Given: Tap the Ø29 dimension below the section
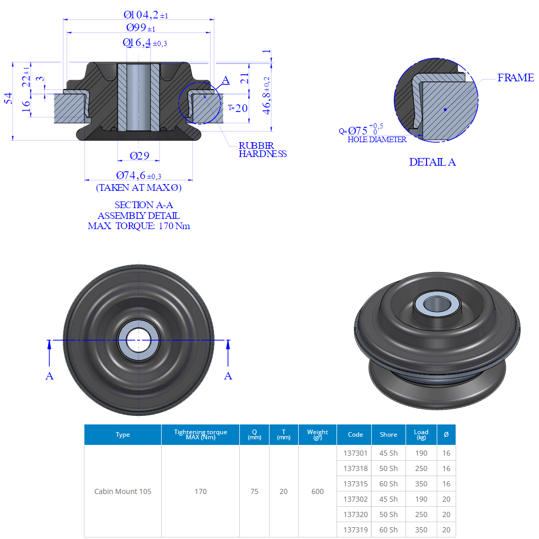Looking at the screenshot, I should pyautogui.click(x=139, y=155).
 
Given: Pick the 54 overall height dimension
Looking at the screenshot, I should pyautogui.click(x=8, y=99).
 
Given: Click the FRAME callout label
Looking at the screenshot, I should pyautogui.click(x=515, y=78).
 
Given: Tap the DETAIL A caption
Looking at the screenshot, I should pyautogui.click(x=432, y=162).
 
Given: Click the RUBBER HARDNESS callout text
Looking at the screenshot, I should pyautogui.click(x=262, y=150).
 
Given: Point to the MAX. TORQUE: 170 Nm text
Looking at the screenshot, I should pyautogui.click(x=139, y=226).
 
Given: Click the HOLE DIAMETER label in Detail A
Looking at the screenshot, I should pyautogui.click(x=377, y=140).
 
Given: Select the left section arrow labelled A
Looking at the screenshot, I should pyautogui.click(x=50, y=376).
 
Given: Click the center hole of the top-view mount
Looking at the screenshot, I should pyautogui.click(x=139, y=340).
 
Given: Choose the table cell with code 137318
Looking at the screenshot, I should pyautogui.click(x=355, y=468).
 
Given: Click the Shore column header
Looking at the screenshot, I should pyautogui.click(x=388, y=435).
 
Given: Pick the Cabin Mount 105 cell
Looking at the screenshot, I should pyautogui.click(x=123, y=491).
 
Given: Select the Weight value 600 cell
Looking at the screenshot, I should pyautogui.click(x=317, y=491).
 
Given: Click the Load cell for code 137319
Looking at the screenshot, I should pyautogui.click(x=421, y=530).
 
